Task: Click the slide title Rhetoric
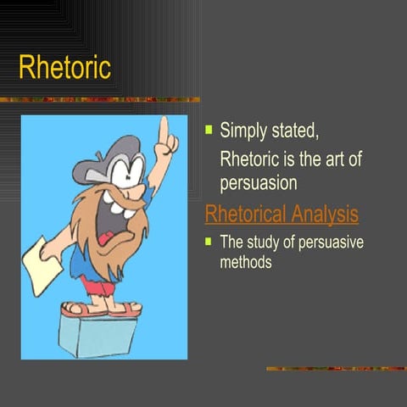coord(65,67)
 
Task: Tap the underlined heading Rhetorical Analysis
coord(282,215)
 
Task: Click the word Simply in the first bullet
coord(243,131)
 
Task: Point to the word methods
coord(246,262)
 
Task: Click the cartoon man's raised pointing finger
coord(163,127)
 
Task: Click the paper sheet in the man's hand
coord(40,265)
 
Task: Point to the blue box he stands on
coord(97,334)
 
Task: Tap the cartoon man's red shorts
coord(101,287)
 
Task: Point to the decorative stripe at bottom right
coord(335,368)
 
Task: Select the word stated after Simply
coord(295,131)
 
